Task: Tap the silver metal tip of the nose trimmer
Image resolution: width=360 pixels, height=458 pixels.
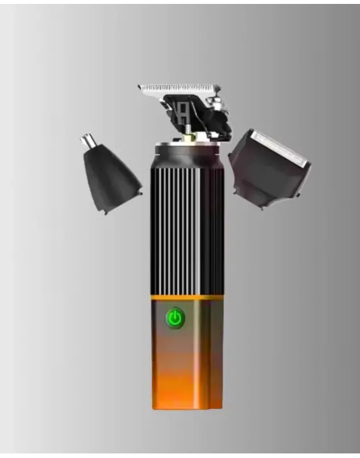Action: (x=89, y=142)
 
